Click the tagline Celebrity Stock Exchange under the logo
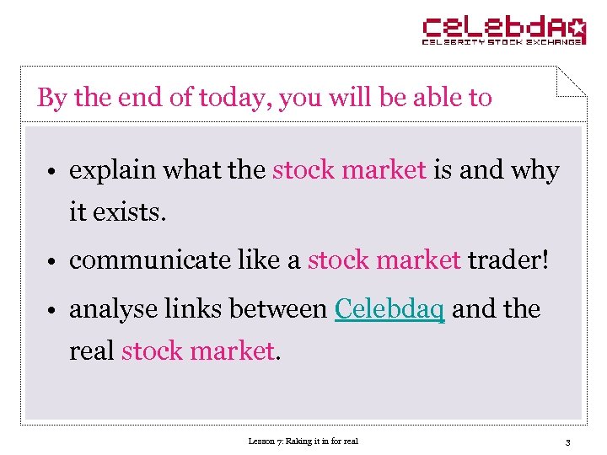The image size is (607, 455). (502, 40)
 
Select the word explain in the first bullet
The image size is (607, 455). (114, 170)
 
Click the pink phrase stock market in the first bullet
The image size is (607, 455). (349, 170)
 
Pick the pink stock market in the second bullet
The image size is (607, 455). (384, 260)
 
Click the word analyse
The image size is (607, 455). (111, 309)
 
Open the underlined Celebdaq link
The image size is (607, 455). (389, 309)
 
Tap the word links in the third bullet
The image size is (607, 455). (189, 309)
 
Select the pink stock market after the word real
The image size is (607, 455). (198, 351)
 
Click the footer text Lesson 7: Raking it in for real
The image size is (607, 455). (303, 441)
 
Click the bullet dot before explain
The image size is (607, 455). (51, 172)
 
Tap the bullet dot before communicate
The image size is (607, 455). (51, 262)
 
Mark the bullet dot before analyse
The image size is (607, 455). (51, 311)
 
